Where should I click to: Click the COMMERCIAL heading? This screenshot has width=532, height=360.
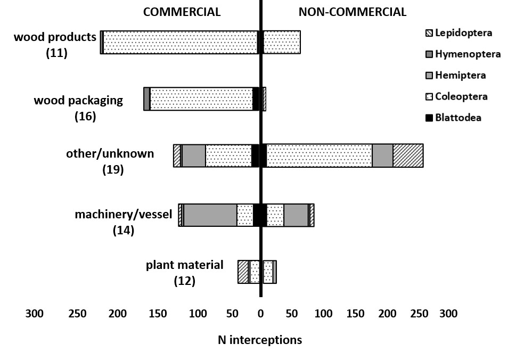click(x=182, y=12)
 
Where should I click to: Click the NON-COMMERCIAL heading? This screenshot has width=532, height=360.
click(x=352, y=12)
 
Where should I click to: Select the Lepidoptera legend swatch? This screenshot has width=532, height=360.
click(x=429, y=33)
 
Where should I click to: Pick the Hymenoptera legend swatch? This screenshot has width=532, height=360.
click(x=429, y=54)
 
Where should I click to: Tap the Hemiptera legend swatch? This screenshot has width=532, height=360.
click(x=429, y=75)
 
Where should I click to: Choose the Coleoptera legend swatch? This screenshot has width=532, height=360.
click(x=429, y=96)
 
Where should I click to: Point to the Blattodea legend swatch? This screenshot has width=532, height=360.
click(x=429, y=118)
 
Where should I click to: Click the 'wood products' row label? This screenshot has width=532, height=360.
click(x=55, y=37)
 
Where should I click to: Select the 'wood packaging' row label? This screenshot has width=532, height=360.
click(x=78, y=100)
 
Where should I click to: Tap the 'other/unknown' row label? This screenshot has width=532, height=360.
click(x=110, y=154)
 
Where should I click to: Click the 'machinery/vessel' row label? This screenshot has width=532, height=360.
click(x=123, y=215)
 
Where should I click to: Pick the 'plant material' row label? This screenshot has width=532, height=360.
click(x=184, y=265)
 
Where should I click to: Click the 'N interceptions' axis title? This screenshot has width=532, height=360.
click(x=260, y=340)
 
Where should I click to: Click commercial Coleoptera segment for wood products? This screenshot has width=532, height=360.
click(x=180, y=42)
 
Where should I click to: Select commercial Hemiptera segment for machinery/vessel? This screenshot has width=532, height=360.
click(x=210, y=215)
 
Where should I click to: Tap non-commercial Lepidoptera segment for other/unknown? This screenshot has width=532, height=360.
click(x=408, y=156)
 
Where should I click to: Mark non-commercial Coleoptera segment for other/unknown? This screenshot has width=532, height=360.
click(x=319, y=156)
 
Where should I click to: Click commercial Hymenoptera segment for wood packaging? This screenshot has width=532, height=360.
click(x=146, y=99)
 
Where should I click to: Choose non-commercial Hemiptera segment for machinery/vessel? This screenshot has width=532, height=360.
click(x=296, y=215)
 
